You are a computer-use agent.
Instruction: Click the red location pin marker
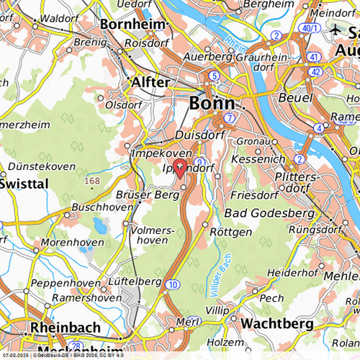tap(181, 165)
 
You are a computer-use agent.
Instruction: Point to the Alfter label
tap(151, 83)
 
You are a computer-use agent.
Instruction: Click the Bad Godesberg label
tap(269, 214)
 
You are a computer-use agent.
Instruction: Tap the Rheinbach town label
tap(65, 327)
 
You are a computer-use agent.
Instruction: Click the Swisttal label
tap(24, 184)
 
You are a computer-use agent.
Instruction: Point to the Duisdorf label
tap(201, 135)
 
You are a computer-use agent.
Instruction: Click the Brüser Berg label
tap(147, 195)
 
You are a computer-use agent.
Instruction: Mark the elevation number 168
tap(92, 181)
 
